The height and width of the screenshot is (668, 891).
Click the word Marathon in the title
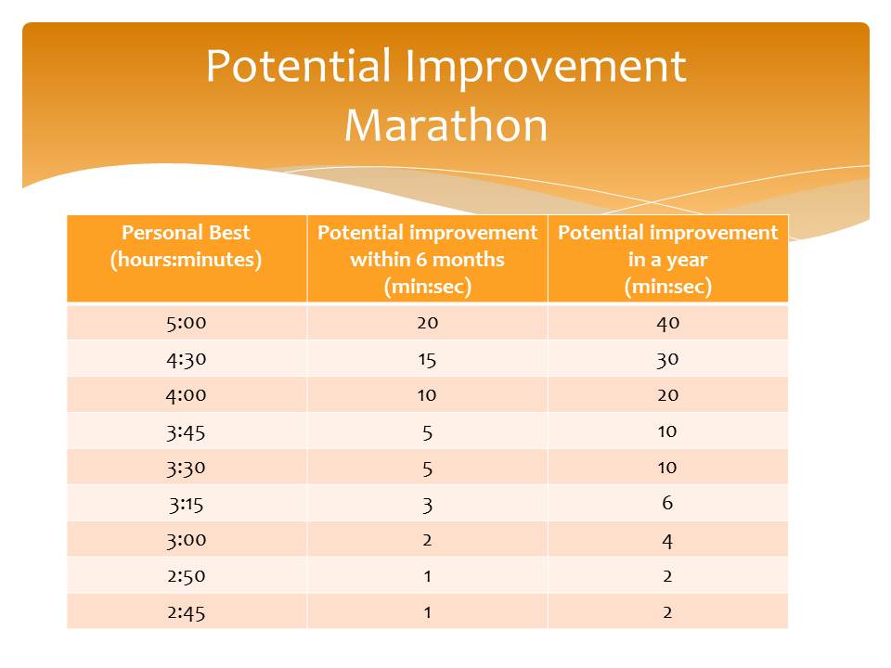[x=446, y=125]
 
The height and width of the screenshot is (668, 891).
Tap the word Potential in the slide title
[x=298, y=66]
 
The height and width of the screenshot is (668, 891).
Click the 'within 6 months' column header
[x=427, y=259]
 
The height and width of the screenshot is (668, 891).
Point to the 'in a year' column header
[x=667, y=259]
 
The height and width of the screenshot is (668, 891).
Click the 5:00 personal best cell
[x=187, y=323]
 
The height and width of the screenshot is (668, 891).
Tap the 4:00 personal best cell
[x=187, y=395]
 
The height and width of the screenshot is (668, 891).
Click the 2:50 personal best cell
[x=187, y=576]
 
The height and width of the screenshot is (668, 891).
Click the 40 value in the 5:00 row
[x=667, y=323]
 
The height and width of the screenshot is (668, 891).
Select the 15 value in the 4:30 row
[x=427, y=360]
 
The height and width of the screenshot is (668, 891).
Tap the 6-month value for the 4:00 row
[x=427, y=395]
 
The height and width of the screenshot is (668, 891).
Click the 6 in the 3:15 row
[x=667, y=503]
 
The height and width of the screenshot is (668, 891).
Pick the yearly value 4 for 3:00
[x=667, y=541]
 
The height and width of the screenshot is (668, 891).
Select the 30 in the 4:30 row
[x=667, y=360]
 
